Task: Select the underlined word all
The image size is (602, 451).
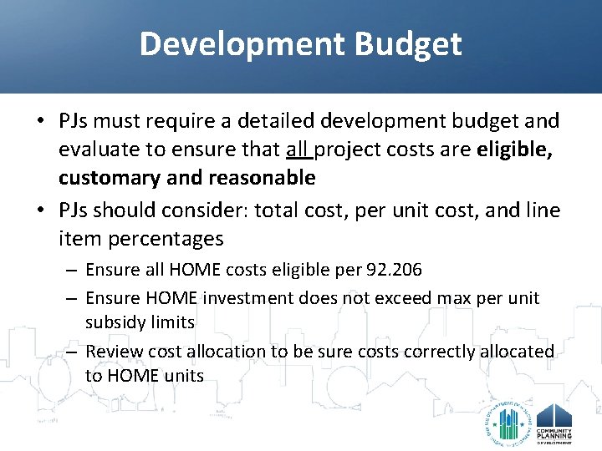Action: pos(298,150)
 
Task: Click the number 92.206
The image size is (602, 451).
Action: pos(394,271)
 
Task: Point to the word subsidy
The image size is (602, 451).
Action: pos(112,322)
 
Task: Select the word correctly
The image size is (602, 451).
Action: pos(434,352)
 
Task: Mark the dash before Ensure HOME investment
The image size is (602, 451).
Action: pos(72,298)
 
